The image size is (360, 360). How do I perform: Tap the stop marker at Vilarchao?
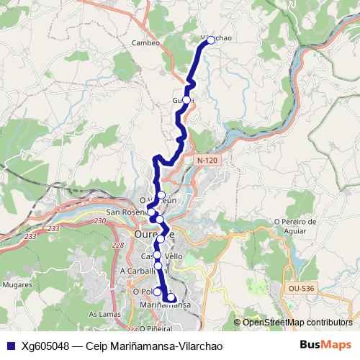pyautogui.click(x=211, y=40)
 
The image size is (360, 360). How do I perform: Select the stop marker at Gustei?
pyautogui.click(x=186, y=99)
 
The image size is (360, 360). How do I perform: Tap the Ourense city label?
pyautogui.click(x=153, y=234)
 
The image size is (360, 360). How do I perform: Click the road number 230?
pyautogui.click(x=99, y=220)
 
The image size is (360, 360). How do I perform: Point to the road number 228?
pyautogui.click(x=118, y=246)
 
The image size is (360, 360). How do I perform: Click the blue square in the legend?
pyautogui.click(x=11, y=346)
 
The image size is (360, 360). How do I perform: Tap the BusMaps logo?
pyautogui.click(x=325, y=345)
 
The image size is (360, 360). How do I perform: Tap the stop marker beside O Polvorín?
pyautogui.click(x=157, y=292)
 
